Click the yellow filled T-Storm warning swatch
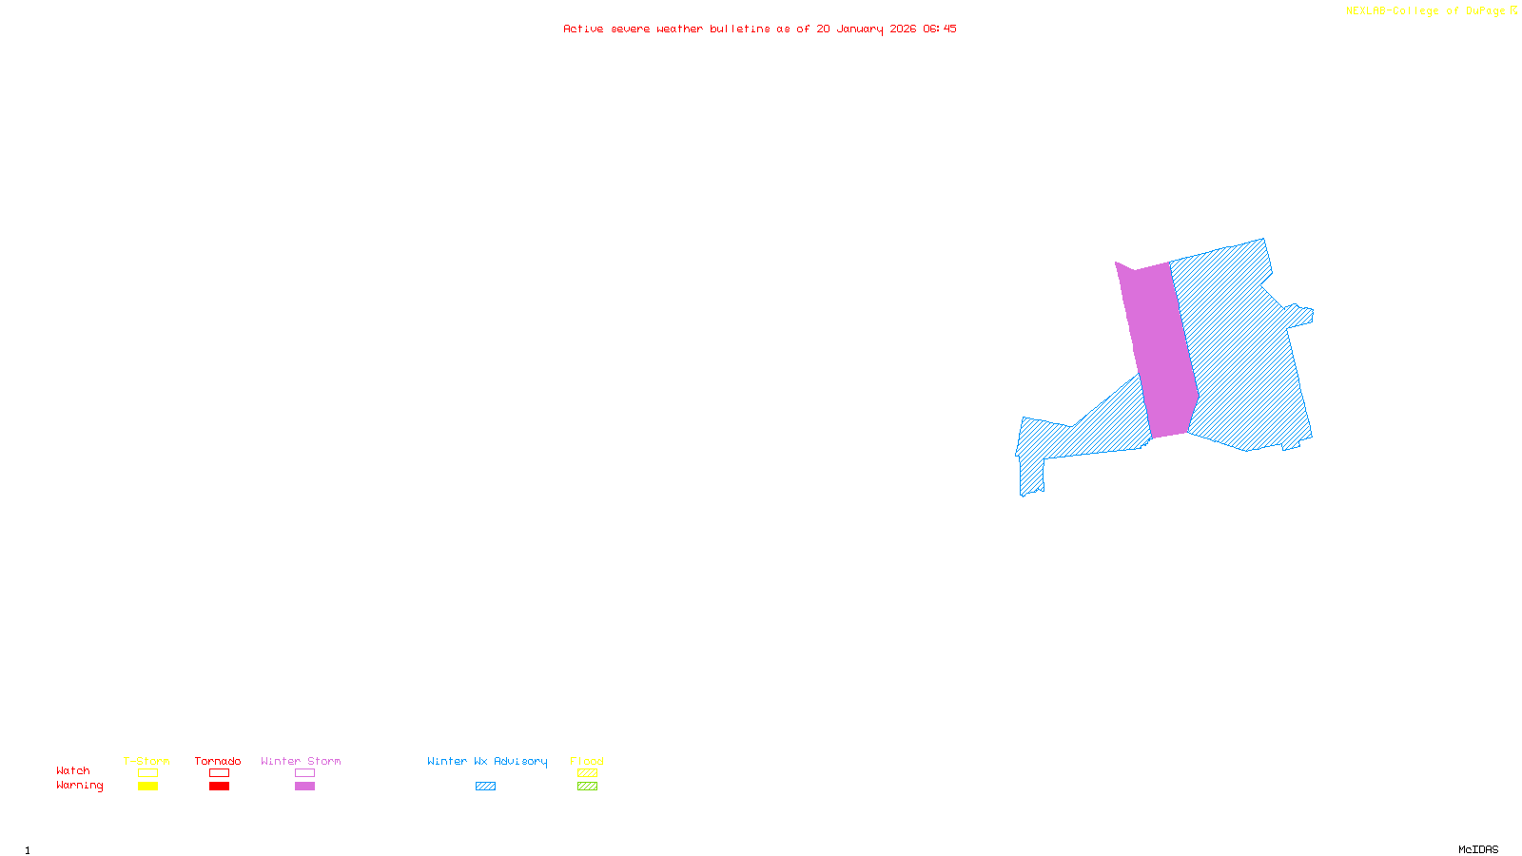click(147, 787)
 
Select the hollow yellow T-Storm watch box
click(147, 773)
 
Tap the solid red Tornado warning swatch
click(219, 787)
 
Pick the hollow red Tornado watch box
click(219, 773)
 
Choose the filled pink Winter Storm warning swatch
click(304, 787)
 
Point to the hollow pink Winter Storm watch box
click(304, 773)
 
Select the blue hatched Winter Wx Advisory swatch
click(485, 787)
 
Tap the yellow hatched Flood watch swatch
click(587, 773)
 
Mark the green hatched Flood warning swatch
click(587, 787)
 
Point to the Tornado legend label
click(218, 761)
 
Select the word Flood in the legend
click(587, 761)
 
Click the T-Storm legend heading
click(146, 761)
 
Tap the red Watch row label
click(73, 771)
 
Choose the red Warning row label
click(80, 786)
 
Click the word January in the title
click(860, 29)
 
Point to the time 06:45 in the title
click(940, 29)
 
